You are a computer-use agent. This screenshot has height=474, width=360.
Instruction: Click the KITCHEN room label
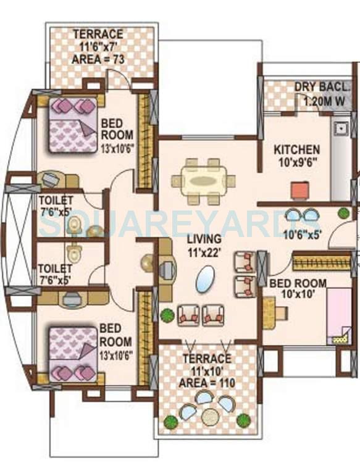coord(297,149)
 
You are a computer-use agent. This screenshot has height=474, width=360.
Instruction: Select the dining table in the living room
coord(203,181)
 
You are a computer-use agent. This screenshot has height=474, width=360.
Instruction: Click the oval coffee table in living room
coord(206,278)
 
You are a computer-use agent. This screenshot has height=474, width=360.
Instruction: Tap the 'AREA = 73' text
coord(98,59)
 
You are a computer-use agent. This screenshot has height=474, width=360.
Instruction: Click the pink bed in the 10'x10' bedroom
coord(338,315)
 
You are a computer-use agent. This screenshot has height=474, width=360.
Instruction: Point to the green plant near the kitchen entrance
coord(343,213)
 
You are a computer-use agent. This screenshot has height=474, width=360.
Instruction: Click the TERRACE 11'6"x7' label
coord(98,39)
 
